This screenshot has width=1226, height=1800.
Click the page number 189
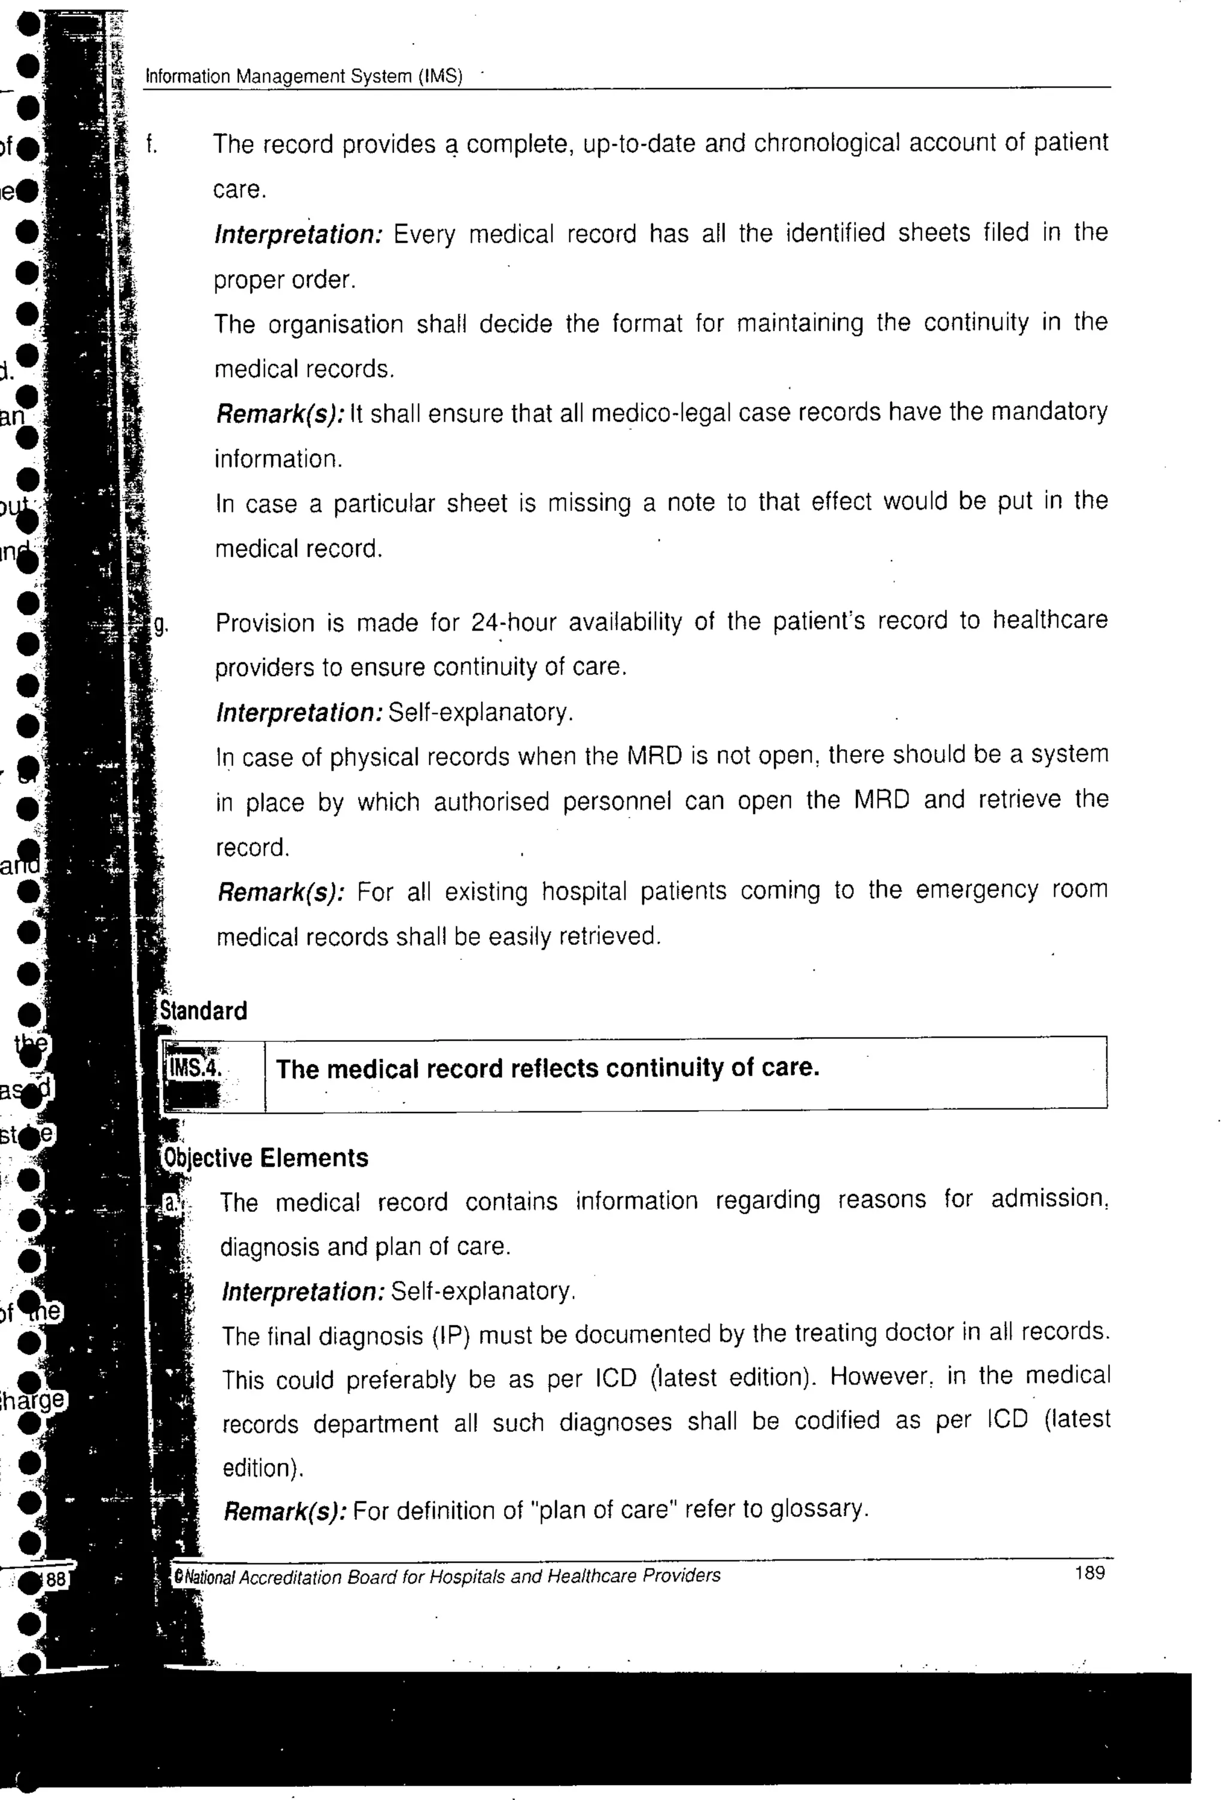[1089, 1573]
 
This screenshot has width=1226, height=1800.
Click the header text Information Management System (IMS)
[304, 77]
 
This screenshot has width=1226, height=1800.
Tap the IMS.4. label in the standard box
[195, 1068]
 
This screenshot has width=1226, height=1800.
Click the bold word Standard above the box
[203, 1011]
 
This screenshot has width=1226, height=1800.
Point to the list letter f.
[152, 145]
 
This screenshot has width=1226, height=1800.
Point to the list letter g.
[160, 623]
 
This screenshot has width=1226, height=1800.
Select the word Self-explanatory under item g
[480, 712]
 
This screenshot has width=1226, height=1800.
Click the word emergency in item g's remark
[976, 890]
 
